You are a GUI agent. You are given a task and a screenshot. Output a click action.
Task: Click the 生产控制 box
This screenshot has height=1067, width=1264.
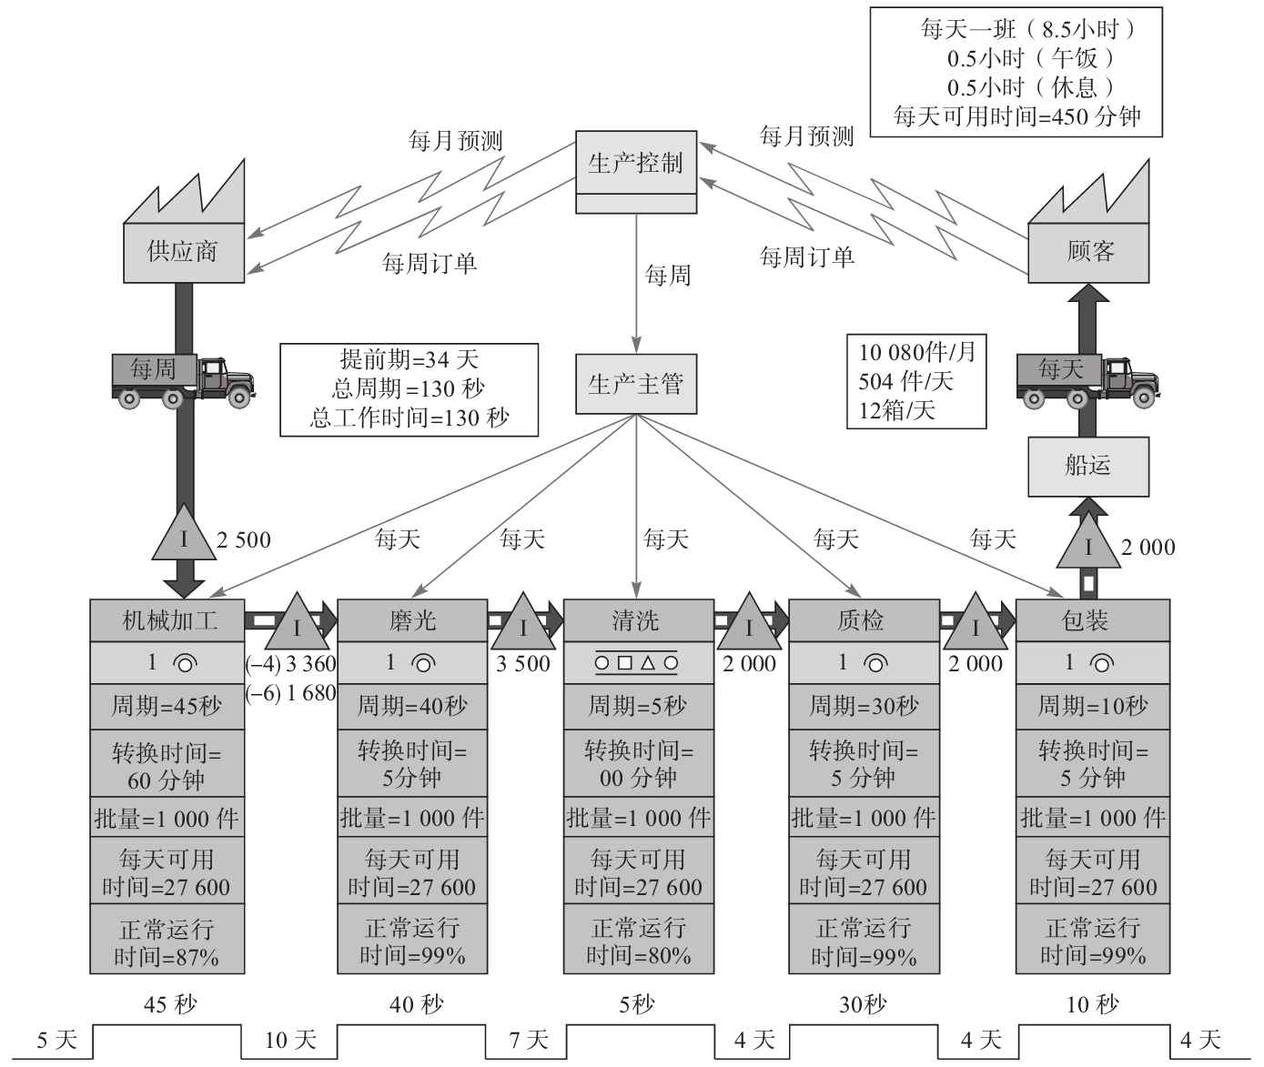coord(635,164)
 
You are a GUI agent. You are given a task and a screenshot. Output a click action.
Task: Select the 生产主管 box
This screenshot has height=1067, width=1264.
coord(635,384)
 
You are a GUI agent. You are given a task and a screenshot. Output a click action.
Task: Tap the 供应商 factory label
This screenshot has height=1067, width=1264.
coord(183,251)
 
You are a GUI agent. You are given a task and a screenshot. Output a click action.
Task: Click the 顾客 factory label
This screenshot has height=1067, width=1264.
coord(1088,251)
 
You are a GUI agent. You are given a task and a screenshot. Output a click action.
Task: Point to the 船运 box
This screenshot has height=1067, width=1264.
coord(1087,466)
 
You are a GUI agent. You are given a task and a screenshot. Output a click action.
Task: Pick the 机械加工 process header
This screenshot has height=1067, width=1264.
coord(167,620)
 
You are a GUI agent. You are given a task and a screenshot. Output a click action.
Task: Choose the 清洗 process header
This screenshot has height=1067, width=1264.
coord(637,620)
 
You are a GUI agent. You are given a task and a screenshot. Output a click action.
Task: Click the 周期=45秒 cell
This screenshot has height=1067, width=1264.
coord(167,706)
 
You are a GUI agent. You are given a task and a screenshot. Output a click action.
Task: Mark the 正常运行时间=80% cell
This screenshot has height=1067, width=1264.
coord(638,941)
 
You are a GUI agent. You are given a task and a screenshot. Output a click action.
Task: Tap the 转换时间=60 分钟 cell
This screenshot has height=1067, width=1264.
coord(167,765)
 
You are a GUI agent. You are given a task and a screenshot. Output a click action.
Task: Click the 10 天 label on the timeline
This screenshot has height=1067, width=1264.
coord(290,1040)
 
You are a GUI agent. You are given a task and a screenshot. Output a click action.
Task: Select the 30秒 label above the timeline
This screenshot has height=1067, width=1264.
coord(862,1004)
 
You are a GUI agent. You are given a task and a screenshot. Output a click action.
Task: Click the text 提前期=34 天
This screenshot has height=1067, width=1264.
coord(409,359)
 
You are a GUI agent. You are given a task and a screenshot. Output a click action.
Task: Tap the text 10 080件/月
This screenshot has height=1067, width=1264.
coord(917,352)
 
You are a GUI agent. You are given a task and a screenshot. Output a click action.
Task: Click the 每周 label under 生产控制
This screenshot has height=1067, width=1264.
coord(668,275)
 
